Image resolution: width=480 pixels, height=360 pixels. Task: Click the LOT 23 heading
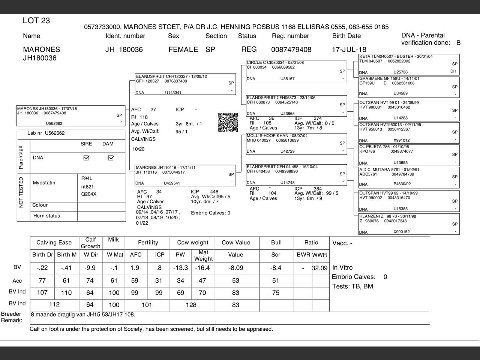coord(36,21)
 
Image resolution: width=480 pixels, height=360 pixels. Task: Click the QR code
coord(228,122)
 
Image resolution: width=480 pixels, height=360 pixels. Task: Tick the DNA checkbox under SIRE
coord(86,158)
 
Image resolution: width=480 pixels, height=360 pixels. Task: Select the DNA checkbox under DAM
coord(110,158)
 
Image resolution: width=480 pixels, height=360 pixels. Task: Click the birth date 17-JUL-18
coord(349,49)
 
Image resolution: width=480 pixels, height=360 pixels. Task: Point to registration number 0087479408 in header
coord(291,49)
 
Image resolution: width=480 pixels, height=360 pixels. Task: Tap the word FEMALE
coord(183,49)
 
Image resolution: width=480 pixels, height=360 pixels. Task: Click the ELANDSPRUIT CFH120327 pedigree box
coord(185,84)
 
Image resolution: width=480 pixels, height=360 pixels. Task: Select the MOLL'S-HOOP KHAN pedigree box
coord(296,144)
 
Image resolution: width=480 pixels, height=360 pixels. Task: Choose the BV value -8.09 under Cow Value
coord(236,268)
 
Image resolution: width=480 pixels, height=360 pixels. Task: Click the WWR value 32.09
coord(320,268)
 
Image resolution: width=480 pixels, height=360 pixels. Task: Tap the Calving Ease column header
coord(54,243)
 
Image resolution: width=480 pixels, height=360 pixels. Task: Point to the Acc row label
coord(17,281)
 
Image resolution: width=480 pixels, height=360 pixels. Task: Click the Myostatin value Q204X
coord(89,194)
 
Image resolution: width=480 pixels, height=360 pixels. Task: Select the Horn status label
coord(46,216)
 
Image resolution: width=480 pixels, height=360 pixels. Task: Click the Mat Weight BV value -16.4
coord(202,268)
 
